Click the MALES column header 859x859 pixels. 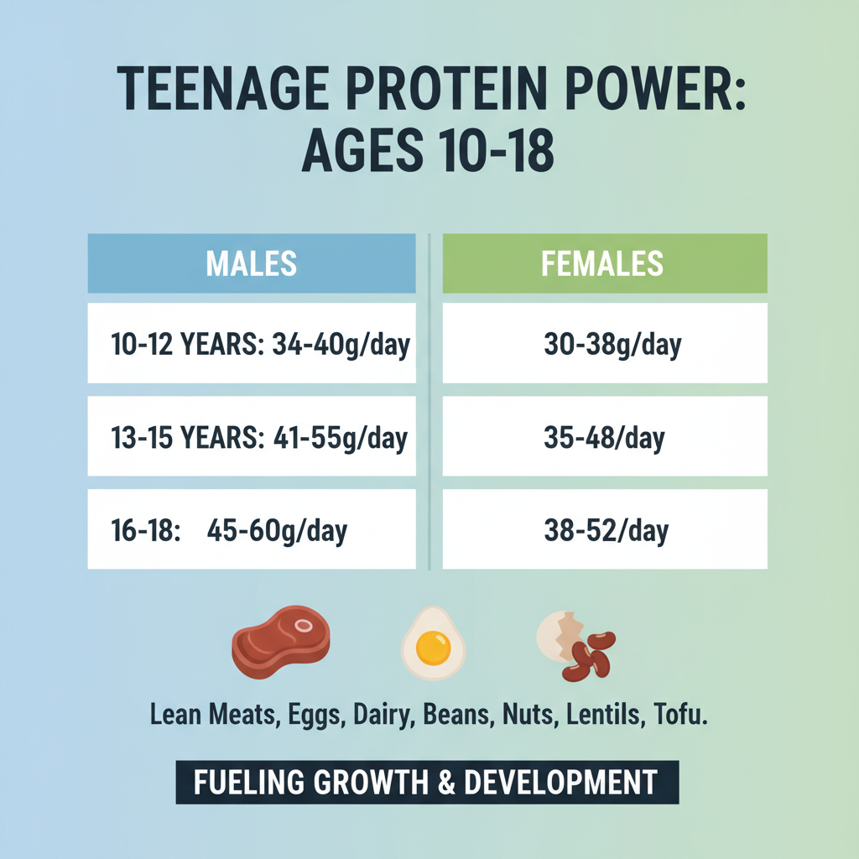click(251, 263)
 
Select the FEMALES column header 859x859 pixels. click(604, 263)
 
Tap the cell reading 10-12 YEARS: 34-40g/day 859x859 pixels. click(251, 344)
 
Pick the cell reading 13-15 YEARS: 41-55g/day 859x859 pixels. click(251, 437)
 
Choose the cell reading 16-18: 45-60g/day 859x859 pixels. click(251, 530)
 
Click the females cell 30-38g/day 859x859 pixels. click(604, 344)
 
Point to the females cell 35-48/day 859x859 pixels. click(604, 437)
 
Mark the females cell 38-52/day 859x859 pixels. click(604, 530)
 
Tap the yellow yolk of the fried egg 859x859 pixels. click(433, 647)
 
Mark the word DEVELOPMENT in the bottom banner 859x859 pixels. click(560, 783)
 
